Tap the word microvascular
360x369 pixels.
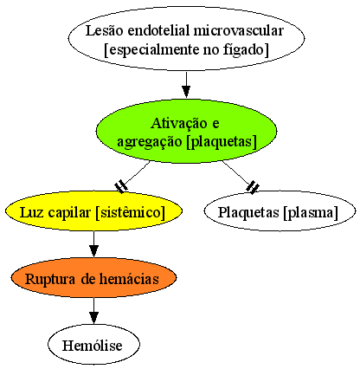[x=238, y=30]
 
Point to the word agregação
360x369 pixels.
[x=150, y=142]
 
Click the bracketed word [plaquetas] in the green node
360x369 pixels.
[x=222, y=142]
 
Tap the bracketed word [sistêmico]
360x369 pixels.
[x=130, y=212]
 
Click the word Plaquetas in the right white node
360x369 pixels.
[x=248, y=213]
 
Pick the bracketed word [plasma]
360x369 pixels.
[x=311, y=213]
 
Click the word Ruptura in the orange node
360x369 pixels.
[x=50, y=279]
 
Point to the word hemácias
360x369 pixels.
[x=129, y=279]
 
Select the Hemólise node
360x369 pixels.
[x=93, y=344]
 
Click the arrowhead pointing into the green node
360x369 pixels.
[x=186, y=92]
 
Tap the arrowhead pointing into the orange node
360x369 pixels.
[x=93, y=250]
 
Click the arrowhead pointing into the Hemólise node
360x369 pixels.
[x=93, y=317]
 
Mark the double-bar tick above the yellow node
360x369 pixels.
[x=121, y=187]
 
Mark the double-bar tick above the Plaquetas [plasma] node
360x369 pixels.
[x=253, y=187]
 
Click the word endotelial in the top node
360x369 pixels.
[x=158, y=30]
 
